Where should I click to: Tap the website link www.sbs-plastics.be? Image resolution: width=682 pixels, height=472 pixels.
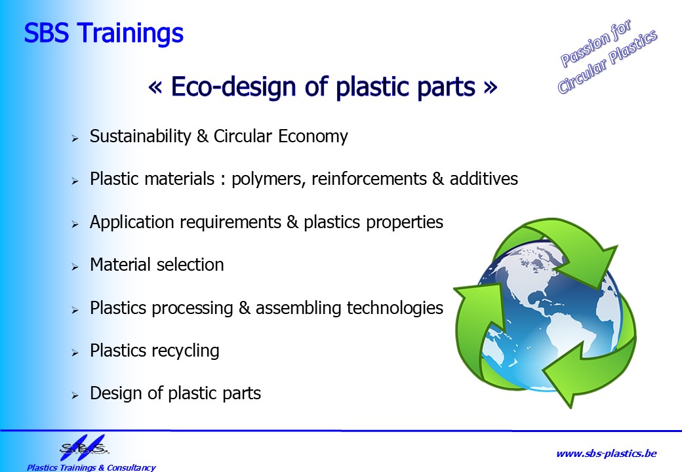607,454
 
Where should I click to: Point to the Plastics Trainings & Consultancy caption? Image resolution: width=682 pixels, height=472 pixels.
91,467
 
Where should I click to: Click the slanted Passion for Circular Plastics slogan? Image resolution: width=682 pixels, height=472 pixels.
608,56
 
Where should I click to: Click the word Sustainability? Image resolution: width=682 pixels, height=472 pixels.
140,136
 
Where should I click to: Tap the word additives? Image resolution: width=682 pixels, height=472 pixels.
484,178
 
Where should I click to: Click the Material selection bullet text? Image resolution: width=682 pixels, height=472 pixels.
157,265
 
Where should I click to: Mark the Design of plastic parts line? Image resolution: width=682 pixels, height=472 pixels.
175,393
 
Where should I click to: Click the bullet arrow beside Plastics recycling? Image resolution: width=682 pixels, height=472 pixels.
75,353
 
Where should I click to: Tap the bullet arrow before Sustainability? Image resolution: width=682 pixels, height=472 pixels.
75,138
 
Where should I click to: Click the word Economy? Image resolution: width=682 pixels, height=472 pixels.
313,137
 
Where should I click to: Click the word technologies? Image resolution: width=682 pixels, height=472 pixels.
395,308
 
